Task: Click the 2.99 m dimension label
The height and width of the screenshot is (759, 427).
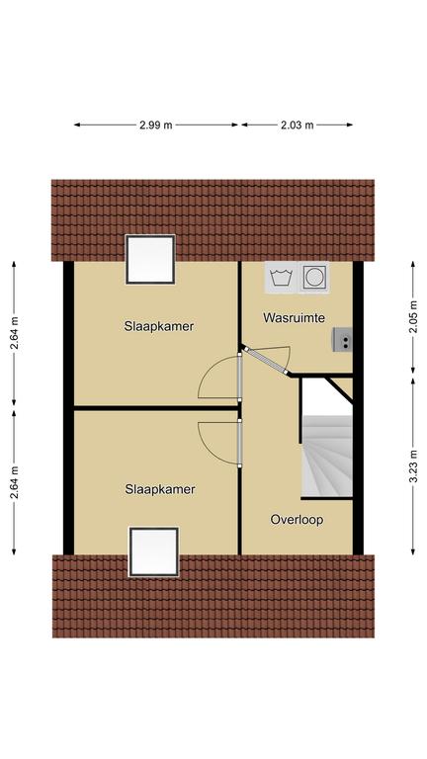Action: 155,125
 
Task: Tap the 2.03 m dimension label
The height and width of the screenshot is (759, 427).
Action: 297,125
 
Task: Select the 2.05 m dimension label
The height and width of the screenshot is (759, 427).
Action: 413,317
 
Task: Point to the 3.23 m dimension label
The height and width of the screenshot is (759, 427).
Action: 413,466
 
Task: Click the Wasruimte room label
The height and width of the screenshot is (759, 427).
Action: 294,318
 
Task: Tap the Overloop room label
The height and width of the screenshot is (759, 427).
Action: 297,520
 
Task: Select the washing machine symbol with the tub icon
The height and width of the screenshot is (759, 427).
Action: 281,278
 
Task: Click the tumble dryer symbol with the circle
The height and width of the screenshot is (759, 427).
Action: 313,278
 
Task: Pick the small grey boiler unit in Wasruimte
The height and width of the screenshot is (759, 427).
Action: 342,339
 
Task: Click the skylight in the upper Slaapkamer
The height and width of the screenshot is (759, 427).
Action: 150,260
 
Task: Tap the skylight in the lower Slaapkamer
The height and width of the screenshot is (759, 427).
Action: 154,551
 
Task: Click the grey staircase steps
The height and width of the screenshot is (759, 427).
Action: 327,456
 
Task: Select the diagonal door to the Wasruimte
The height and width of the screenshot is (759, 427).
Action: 265,361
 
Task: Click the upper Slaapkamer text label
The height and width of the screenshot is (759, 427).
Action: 159,326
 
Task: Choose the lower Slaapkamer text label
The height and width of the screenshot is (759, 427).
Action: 160,489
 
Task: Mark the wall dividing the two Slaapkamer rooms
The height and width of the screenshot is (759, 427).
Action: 156,408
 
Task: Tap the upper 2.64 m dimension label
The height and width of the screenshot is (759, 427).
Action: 14,333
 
